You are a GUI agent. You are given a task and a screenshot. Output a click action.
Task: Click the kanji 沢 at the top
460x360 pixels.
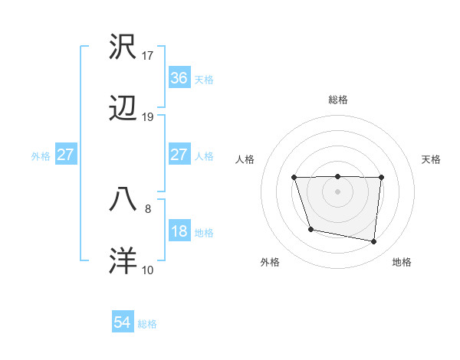pos(123,47)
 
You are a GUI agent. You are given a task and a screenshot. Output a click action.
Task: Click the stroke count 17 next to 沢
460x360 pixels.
pos(148,56)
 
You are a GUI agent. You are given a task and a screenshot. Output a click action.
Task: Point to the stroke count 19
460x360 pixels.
pos(148,117)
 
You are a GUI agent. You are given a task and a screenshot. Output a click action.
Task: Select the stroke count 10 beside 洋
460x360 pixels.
pos(148,270)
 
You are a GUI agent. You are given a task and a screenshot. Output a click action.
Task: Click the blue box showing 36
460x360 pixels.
pos(179,78)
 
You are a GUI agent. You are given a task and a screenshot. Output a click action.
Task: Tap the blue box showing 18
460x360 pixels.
pos(179,231)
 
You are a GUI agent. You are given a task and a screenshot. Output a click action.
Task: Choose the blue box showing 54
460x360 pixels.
pos(123,323)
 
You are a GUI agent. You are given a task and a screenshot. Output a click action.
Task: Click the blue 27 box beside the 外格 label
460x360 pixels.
pos(65,155)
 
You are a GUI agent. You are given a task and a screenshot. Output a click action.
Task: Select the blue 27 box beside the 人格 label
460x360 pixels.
pos(179,155)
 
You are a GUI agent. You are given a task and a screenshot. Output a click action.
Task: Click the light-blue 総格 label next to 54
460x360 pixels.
pos(147,324)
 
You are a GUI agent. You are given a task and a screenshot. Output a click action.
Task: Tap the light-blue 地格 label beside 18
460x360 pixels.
pos(204,232)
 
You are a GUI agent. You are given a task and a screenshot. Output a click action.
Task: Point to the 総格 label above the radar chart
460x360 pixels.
pos(338,100)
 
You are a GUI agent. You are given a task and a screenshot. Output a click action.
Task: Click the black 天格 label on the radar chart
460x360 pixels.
pos(432,159)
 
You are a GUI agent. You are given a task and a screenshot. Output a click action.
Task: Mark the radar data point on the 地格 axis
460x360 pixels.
pos(374,242)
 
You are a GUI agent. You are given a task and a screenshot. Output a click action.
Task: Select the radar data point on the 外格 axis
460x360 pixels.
pos(310,229)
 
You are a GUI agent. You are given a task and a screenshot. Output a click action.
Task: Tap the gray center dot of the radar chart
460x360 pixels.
pos(338,191)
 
